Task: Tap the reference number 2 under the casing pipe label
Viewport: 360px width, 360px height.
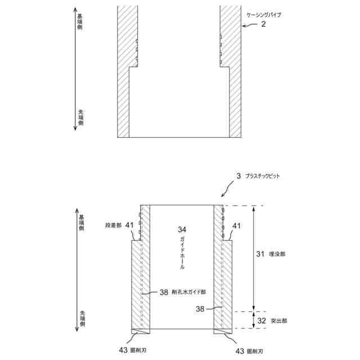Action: (x=263, y=25)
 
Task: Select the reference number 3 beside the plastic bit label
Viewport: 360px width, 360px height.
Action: (x=238, y=176)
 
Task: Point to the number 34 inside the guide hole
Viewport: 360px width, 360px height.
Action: (x=182, y=230)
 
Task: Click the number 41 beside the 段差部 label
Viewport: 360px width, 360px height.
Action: (x=130, y=225)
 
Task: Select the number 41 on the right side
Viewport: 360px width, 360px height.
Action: (x=237, y=226)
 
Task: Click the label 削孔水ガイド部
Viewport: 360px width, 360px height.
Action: (x=189, y=292)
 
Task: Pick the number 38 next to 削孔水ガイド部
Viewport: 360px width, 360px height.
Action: (x=164, y=292)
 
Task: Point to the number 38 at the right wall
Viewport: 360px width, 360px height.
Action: (x=200, y=308)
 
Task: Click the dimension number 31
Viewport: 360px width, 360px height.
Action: (x=260, y=254)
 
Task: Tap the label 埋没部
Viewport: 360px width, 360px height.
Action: (x=277, y=254)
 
